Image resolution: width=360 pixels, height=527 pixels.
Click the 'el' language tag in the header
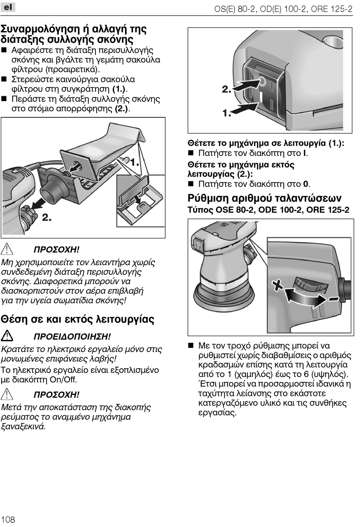(x=8, y=7)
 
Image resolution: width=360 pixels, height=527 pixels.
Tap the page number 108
(x=8, y=519)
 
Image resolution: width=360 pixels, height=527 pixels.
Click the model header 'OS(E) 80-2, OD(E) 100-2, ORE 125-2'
(x=283, y=9)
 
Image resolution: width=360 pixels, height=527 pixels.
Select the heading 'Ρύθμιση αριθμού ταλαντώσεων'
(x=265, y=198)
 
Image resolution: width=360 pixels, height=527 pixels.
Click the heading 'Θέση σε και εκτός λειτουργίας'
(x=78, y=319)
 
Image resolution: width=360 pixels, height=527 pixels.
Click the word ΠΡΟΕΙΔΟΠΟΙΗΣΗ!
(x=72, y=337)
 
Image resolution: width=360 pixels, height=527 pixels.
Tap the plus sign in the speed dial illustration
(x=279, y=285)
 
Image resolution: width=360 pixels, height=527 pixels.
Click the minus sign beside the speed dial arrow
(x=333, y=299)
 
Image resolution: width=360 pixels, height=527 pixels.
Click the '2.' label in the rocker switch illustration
(x=227, y=89)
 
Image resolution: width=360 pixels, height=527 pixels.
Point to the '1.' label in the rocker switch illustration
(x=227, y=112)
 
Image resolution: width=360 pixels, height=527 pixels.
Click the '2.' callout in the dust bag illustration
(x=47, y=217)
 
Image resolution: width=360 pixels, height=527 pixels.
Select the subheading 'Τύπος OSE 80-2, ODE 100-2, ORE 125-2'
(x=268, y=210)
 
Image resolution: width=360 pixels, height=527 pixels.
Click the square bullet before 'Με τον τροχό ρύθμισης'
(x=191, y=346)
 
